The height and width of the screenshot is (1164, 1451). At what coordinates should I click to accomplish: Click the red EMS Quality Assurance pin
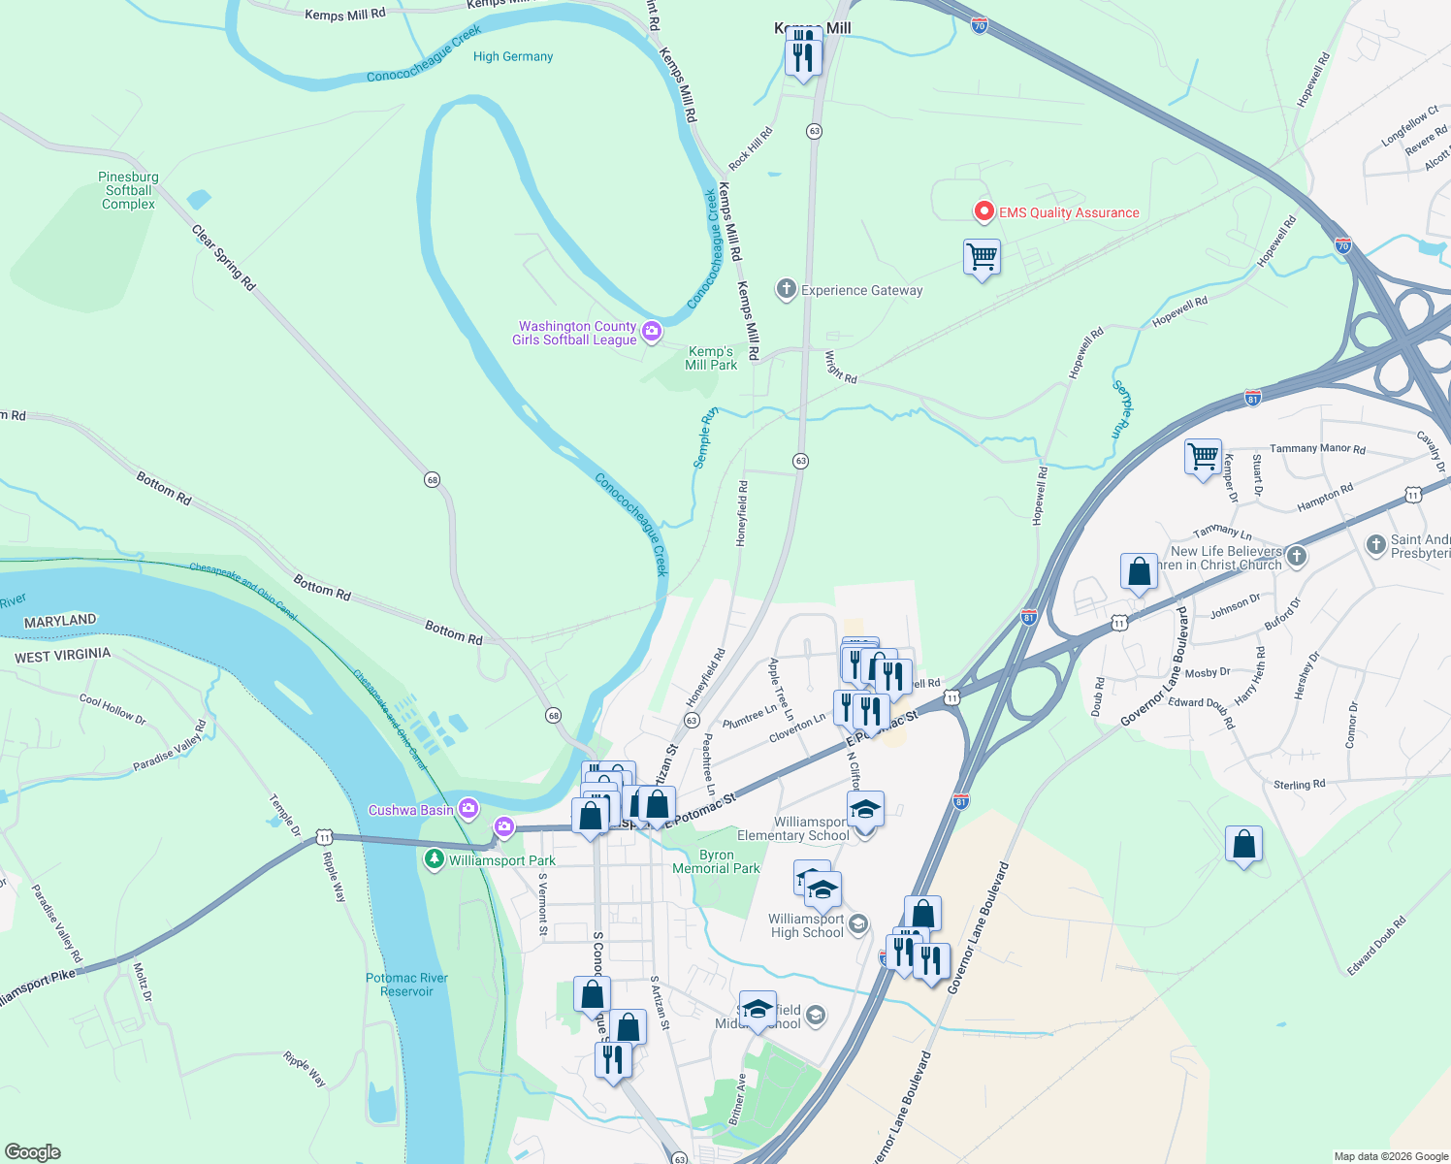(x=983, y=211)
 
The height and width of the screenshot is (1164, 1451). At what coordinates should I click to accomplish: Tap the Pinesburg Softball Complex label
(x=128, y=191)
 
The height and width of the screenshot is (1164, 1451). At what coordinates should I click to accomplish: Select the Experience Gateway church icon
(x=787, y=289)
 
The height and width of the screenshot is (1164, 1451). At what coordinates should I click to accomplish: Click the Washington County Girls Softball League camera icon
(x=652, y=332)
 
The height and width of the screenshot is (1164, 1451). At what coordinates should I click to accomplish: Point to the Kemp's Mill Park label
(x=711, y=358)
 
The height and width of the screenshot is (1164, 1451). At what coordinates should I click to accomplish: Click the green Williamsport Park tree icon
(x=435, y=859)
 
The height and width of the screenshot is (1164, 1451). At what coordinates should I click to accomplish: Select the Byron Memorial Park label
(x=717, y=862)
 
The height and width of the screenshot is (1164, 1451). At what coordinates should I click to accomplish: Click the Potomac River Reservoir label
(x=406, y=985)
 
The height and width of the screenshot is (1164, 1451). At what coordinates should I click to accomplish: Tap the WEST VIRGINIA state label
(x=63, y=656)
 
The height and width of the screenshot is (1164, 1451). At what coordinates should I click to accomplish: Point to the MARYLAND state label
(x=60, y=621)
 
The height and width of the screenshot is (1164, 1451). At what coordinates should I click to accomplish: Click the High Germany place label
(x=513, y=56)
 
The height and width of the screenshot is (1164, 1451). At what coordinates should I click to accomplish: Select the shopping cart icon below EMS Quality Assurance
(x=982, y=258)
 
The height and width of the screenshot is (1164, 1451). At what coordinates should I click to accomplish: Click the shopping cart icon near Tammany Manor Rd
(x=1203, y=455)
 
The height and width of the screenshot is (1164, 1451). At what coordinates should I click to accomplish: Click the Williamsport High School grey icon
(x=858, y=924)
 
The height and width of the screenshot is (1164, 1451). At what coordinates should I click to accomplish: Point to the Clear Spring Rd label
(x=224, y=258)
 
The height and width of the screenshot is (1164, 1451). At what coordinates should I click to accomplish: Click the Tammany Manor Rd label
(x=1317, y=449)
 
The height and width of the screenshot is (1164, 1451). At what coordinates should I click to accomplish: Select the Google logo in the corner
(x=32, y=1152)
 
